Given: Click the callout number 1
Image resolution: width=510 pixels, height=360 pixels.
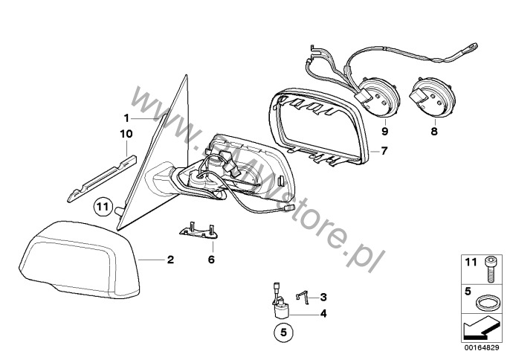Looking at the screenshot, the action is [126, 118].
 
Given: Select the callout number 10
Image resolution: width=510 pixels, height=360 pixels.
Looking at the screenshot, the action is [126, 134].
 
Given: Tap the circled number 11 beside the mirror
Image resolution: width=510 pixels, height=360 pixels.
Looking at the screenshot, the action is [103, 207].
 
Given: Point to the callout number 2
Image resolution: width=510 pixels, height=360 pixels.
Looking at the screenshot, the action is [170, 260].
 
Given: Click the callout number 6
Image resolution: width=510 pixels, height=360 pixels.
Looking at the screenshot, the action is [211, 260].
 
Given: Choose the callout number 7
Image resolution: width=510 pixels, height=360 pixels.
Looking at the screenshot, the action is [384, 151].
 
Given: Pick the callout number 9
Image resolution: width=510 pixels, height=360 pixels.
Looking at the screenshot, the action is [385, 132].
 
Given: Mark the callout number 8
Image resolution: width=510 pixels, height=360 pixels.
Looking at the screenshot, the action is [434, 132].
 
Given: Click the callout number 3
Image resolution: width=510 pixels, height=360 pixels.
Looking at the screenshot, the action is [323, 298].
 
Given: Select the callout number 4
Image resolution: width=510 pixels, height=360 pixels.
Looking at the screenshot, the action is [323, 314].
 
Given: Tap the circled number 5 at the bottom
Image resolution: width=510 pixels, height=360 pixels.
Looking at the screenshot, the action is [284, 332].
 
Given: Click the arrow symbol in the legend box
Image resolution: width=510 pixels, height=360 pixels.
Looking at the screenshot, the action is [480, 330].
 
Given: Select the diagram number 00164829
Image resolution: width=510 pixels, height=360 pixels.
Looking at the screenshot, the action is [482, 347].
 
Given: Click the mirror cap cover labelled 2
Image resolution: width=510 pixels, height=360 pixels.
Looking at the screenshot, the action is [80, 260].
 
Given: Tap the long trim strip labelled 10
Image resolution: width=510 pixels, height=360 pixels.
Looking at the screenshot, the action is [102, 179].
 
